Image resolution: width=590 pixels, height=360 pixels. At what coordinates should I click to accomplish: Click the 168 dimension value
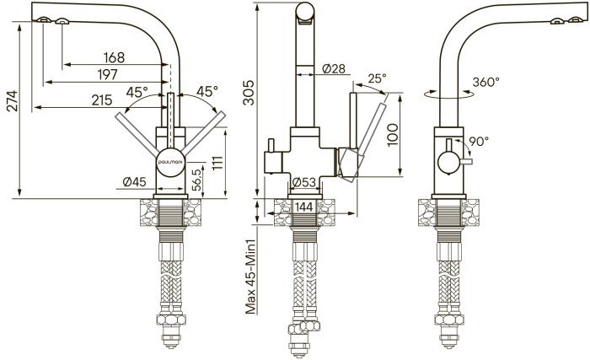point(114,57)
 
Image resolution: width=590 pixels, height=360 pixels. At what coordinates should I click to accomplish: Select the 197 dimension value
point(108,74)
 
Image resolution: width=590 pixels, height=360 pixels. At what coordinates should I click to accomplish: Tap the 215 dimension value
point(102,100)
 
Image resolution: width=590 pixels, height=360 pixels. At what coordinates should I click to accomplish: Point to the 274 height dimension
point(13,101)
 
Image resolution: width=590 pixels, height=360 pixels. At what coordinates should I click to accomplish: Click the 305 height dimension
point(249,93)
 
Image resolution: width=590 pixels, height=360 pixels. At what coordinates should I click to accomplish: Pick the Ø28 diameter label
point(334,68)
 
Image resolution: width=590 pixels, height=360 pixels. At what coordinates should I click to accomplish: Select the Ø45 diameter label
point(134,182)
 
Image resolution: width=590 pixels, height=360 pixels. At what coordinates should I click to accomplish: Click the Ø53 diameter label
point(304,182)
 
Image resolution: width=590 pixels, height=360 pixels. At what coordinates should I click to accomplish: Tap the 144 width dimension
point(304,207)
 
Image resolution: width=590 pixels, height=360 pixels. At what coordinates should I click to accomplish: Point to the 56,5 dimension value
point(196,180)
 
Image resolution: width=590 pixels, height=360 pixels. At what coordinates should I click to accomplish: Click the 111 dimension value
point(217,163)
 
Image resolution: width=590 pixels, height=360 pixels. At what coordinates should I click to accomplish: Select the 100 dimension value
point(392,134)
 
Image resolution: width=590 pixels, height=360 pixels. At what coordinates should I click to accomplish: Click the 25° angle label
point(377,78)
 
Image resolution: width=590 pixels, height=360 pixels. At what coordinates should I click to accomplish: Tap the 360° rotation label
point(485,82)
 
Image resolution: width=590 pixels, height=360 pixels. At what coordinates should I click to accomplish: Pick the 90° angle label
point(479,141)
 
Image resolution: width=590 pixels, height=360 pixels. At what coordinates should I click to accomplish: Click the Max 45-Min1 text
point(251,277)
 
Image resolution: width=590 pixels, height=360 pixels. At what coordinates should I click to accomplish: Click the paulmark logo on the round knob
point(170,162)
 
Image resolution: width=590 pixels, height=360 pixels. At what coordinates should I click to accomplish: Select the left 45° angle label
point(137,92)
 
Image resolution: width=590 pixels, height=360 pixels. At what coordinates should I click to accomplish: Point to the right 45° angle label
point(207,91)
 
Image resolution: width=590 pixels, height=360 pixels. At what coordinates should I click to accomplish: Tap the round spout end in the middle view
point(305,11)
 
